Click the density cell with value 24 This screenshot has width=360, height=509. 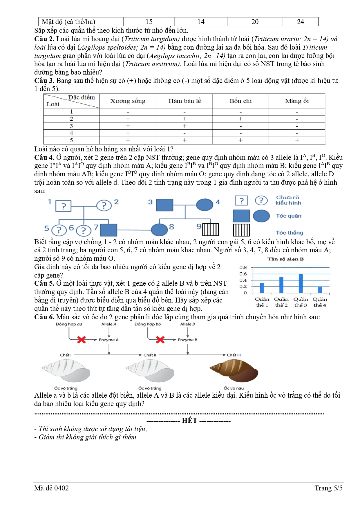tap(300, 22)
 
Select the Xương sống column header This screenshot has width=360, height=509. tap(128, 101)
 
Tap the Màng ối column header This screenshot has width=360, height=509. tap(297, 101)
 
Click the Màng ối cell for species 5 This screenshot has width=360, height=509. tap(297, 140)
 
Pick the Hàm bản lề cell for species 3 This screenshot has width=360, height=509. tap(184, 126)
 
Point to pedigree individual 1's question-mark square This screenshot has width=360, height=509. tap(63, 206)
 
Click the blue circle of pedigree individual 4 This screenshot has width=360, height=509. tap(205, 205)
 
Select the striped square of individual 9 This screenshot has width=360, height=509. tap(211, 229)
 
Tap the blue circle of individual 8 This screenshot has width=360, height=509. tap(159, 230)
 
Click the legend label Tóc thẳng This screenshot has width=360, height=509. tap(289, 233)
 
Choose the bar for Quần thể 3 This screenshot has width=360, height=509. tap(301, 283)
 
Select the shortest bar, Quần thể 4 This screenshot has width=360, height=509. tap(320, 289)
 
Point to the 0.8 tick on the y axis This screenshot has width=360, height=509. tap(243, 267)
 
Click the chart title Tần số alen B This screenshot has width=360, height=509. tap(285, 259)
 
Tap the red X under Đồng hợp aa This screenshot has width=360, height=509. tap(82, 340)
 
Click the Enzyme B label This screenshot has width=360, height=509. tap(187, 340)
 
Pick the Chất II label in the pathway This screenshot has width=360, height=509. tap(150, 355)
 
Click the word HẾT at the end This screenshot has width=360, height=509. tap(189, 421)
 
